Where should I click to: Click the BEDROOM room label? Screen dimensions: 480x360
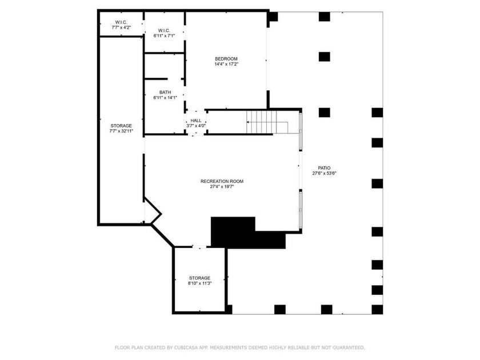tap(226, 59)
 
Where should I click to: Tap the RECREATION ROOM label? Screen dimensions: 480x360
tap(222, 181)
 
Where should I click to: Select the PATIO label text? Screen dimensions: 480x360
tap(324, 168)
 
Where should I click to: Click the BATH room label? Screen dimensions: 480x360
tap(165, 92)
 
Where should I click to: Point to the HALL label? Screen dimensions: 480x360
tap(196, 121)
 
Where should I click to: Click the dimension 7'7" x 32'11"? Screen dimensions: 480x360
tap(121, 131)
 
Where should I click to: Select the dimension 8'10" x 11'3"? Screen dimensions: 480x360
tap(199, 283)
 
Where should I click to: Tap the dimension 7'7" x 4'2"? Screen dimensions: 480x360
tap(121, 27)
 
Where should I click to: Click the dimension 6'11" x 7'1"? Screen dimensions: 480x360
tap(164, 36)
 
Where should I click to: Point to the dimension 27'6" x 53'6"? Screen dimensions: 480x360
tap(325, 173)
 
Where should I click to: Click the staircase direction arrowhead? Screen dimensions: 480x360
tap(247, 122)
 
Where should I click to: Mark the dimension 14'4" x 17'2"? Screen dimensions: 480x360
tap(226, 64)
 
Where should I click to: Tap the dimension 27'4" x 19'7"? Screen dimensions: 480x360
tap(222, 186)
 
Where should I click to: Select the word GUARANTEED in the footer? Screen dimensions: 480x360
tap(349, 347)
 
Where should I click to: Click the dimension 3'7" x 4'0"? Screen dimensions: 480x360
tap(196, 126)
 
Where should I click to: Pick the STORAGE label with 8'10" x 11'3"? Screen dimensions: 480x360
tap(199, 278)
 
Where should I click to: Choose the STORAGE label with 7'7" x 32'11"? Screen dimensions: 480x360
tap(121, 126)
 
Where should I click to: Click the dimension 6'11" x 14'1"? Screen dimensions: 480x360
tap(165, 98)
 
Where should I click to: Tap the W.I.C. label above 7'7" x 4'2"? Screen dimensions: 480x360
tap(121, 22)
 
